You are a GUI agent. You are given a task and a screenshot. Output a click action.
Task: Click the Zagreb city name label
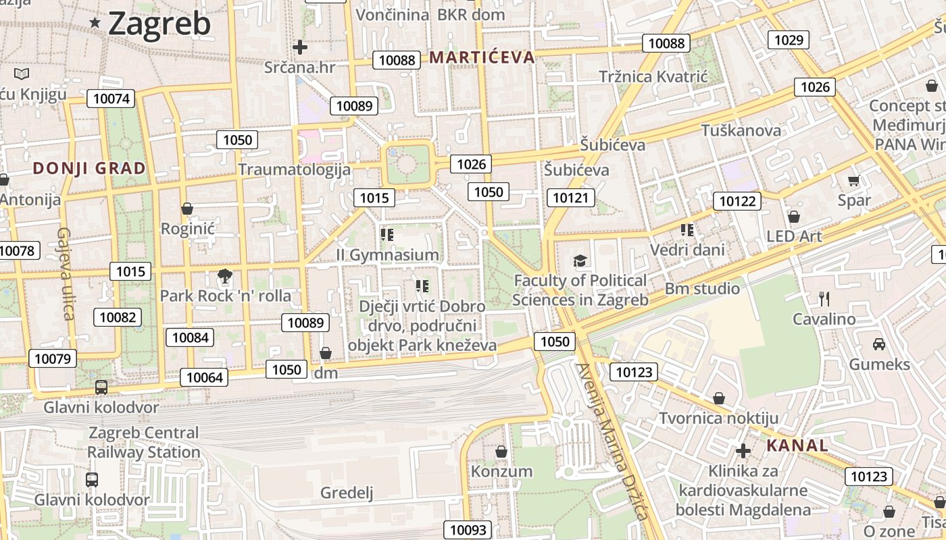pos(159,24)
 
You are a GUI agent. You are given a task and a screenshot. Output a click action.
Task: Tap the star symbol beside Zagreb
pos(95,23)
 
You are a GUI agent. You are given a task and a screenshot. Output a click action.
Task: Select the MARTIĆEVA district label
pos(482,57)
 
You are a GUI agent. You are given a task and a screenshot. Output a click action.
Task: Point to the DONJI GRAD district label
pos(89,168)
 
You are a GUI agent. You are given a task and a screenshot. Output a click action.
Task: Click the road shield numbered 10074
pos(111,99)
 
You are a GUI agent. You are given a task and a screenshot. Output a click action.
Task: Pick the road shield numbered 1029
pos(789,40)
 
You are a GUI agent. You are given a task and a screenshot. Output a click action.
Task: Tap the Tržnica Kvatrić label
pos(653,76)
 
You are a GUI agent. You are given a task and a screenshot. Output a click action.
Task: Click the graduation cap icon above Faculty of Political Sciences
pos(580,261)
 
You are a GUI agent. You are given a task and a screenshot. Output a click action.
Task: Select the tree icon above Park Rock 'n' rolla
pos(225,275)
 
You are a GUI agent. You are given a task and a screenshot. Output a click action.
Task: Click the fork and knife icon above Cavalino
pos(824,298)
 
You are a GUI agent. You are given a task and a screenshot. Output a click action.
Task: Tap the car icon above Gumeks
pos(879,344)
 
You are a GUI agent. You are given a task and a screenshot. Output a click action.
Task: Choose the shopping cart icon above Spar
pos(853,180)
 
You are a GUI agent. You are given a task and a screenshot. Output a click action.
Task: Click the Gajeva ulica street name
pos(65,273)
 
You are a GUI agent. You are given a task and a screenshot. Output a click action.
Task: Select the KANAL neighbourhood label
pos(797,446)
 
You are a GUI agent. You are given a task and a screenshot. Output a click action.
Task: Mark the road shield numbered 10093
pos(468,530)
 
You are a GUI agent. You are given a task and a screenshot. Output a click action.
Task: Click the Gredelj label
pos(347,493)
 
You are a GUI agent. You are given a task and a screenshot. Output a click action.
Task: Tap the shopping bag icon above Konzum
pos(501,451)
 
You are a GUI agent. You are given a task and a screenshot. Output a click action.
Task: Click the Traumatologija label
pos(294,169)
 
